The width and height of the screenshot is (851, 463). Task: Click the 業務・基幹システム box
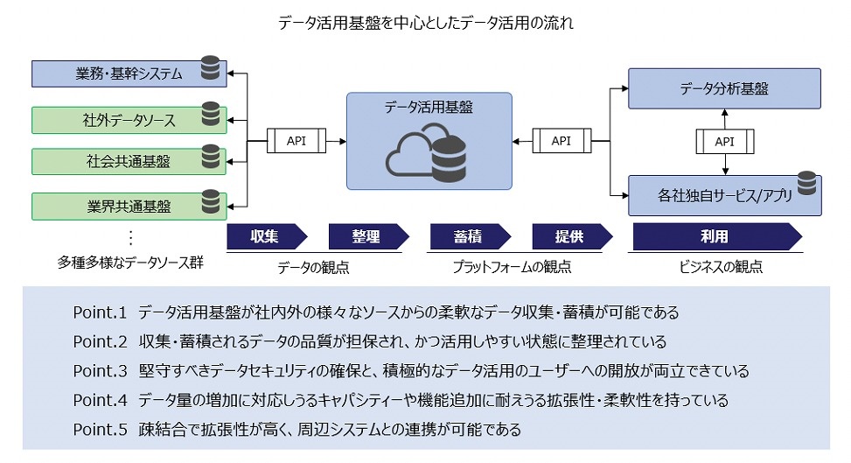pyautogui.click(x=129, y=74)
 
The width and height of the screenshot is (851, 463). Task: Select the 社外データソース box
pyautogui.click(x=129, y=120)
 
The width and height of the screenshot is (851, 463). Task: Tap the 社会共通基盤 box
pyautogui.click(x=129, y=161)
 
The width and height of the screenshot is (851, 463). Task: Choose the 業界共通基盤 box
pyautogui.click(x=129, y=207)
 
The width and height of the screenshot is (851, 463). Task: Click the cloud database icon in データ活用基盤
pyautogui.click(x=427, y=152)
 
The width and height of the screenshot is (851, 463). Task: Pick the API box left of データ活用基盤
pyautogui.click(x=296, y=141)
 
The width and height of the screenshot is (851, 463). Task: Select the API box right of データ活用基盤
pyautogui.click(x=562, y=141)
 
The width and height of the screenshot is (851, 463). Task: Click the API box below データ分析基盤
pyautogui.click(x=724, y=142)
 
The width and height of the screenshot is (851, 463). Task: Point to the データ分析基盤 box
pyautogui.click(x=724, y=88)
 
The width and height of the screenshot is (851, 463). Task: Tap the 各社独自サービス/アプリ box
pyautogui.click(x=724, y=196)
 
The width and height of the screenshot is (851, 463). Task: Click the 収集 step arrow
pyautogui.click(x=267, y=236)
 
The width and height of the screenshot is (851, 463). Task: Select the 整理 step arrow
pyautogui.click(x=369, y=236)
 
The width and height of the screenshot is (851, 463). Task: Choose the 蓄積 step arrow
pyautogui.click(x=471, y=236)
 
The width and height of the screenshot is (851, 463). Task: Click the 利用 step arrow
pyautogui.click(x=717, y=236)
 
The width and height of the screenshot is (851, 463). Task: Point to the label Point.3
pyautogui.click(x=100, y=371)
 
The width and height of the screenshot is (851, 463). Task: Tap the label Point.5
pyautogui.click(x=100, y=430)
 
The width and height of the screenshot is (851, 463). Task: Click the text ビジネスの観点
pyautogui.click(x=721, y=267)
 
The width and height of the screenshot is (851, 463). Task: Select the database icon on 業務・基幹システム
pyautogui.click(x=210, y=68)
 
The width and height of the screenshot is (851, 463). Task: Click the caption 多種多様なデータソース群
pyautogui.click(x=130, y=263)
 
